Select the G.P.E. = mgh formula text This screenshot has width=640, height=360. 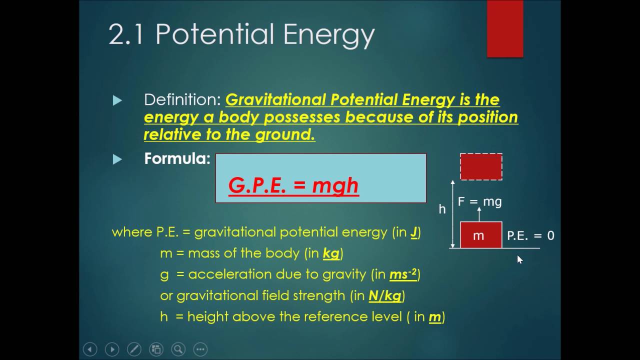[293, 185]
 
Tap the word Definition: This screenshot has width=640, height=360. [182, 100]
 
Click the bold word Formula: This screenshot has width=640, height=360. [177, 159]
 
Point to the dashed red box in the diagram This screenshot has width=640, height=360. [481, 167]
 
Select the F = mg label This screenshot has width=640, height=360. [479, 201]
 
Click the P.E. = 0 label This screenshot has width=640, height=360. [530, 235]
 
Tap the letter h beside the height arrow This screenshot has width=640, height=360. [442, 209]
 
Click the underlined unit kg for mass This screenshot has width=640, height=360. [331, 253]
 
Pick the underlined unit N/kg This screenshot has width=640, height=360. [385, 295]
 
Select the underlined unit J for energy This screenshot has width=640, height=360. [414, 232]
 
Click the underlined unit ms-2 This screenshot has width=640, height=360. [403, 274]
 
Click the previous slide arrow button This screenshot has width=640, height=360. [90, 349]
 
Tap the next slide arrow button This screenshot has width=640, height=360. [112, 349]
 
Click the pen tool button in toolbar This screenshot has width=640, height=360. [134, 349]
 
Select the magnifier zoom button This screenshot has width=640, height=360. [178, 349]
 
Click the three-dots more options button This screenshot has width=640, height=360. [200, 349]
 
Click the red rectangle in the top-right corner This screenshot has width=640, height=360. [505, 28]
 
